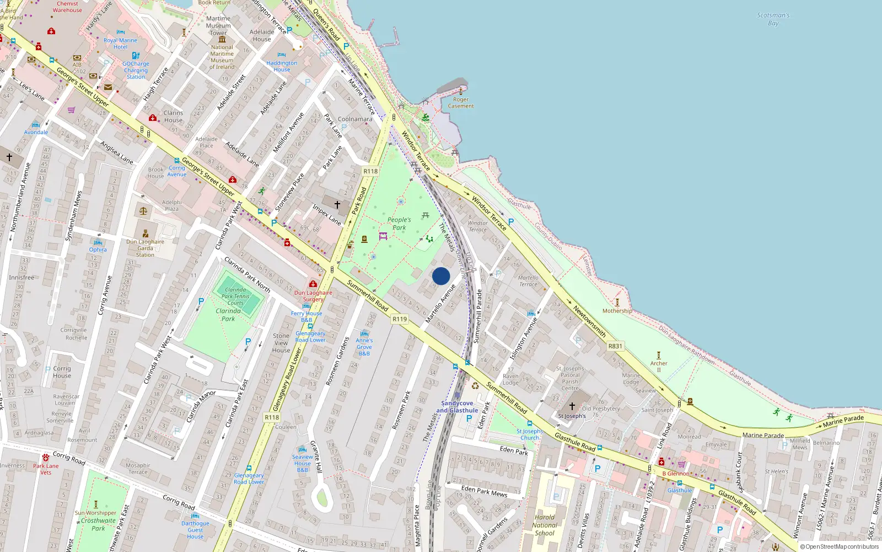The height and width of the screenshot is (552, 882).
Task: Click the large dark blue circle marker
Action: [x=441, y=276]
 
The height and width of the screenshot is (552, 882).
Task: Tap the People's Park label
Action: [x=399, y=224]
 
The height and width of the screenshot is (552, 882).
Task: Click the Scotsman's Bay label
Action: [x=773, y=19]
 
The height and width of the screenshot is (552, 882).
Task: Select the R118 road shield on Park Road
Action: [x=370, y=171]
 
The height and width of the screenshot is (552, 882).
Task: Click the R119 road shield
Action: [x=400, y=319]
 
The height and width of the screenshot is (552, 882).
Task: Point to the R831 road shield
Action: [x=615, y=346]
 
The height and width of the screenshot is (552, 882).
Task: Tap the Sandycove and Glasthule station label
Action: [x=457, y=407]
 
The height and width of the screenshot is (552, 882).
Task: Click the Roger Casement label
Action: [x=461, y=103]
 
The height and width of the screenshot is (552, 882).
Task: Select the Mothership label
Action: [x=617, y=311]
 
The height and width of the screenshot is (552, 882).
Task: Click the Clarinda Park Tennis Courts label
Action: [x=235, y=296]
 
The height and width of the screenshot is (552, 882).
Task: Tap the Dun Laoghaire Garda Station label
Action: [x=145, y=248]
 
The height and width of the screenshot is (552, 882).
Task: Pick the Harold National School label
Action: [x=545, y=525]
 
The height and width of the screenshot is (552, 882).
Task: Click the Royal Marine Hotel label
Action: [x=120, y=44]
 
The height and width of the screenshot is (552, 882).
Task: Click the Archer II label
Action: [x=659, y=366]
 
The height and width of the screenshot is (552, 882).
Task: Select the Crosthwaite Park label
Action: [x=98, y=524]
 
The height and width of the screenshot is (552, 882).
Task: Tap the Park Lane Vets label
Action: [x=46, y=469]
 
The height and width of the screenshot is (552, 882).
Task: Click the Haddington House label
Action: [x=282, y=66]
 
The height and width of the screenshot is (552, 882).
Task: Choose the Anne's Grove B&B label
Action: [x=364, y=347]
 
